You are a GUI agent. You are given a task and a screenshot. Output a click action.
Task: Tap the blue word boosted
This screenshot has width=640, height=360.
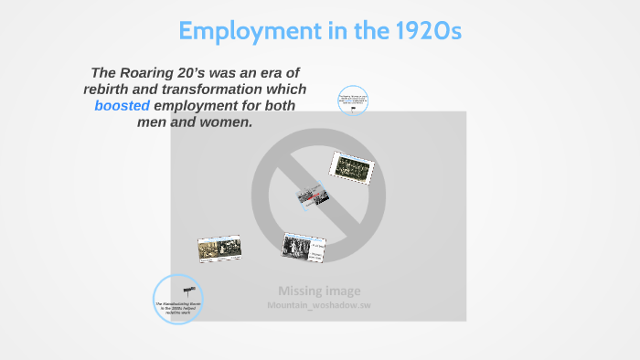(123, 106)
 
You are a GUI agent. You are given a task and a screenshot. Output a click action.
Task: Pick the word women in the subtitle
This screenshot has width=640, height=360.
(221, 122)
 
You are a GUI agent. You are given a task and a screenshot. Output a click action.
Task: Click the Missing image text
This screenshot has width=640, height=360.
(319, 291)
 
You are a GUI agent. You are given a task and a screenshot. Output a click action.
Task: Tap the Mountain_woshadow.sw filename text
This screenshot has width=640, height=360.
(319, 305)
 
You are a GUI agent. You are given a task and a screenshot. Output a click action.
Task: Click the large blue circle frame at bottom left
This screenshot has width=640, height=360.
(176, 299)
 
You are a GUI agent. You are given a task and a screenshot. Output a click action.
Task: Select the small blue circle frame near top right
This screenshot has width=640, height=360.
(353, 101)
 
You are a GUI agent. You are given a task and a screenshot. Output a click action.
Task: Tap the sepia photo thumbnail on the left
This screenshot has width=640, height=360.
(219, 249)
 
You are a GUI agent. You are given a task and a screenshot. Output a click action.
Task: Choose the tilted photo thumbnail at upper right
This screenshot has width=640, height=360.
(352, 165)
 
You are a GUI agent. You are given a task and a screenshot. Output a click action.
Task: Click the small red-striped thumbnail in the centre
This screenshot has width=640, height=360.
(311, 196)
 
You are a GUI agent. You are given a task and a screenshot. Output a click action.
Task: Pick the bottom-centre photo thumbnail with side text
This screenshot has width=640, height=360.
(304, 246)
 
